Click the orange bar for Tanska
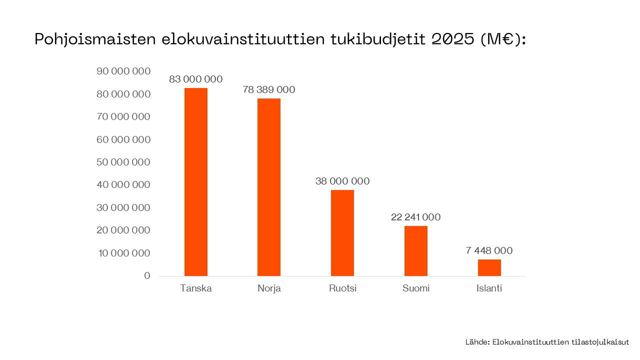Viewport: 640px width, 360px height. [x=196, y=182]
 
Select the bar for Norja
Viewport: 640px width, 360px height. [x=269, y=187]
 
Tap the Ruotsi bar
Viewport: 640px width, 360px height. [x=342, y=233]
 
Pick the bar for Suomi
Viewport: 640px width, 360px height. [x=416, y=251]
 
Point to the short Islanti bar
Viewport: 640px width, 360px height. [x=489, y=268]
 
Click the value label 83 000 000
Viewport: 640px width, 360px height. [x=196, y=79]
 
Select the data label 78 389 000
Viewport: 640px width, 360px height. [x=269, y=90]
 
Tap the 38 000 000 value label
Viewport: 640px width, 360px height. [x=342, y=181]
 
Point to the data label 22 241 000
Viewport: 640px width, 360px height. [x=416, y=217]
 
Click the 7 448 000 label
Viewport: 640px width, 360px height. [x=489, y=251]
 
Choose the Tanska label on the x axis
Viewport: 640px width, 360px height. [x=196, y=288]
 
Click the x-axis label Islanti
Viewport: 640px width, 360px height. [x=489, y=288]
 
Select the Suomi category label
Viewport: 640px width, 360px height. [x=416, y=288]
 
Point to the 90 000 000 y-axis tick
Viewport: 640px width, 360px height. [x=123, y=71]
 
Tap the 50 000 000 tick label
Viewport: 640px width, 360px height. [x=123, y=162]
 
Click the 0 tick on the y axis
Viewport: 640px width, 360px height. [x=147, y=276]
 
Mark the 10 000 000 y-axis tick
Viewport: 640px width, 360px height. [x=123, y=253]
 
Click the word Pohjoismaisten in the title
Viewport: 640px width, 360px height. [x=95, y=40]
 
